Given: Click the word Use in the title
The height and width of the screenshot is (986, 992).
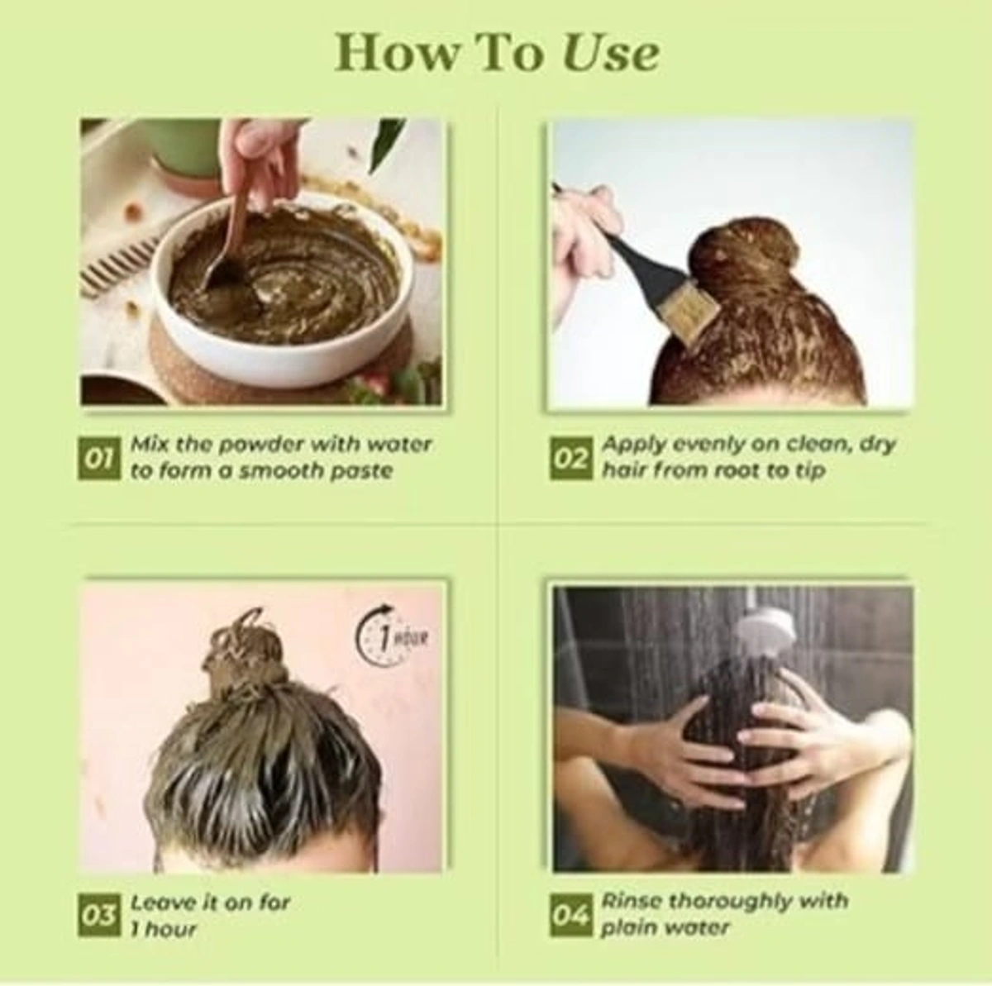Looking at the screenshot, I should click(x=611, y=53).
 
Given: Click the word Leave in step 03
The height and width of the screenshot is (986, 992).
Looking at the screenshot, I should click(x=163, y=903).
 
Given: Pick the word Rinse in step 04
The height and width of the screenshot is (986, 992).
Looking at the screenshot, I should click(x=632, y=901).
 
